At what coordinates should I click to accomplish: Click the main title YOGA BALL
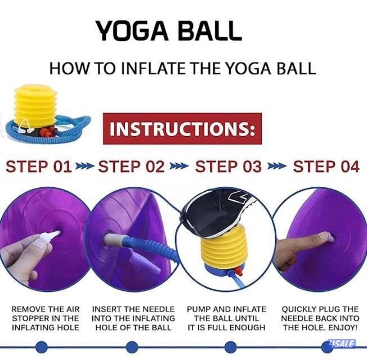(168, 31)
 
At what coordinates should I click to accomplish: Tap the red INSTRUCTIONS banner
(182, 128)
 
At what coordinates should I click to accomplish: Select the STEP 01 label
(39, 166)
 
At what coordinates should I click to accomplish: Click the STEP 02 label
(131, 166)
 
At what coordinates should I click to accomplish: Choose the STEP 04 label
(326, 166)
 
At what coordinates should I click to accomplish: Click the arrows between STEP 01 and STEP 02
(85, 167)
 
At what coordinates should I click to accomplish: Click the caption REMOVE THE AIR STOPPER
(46, 318)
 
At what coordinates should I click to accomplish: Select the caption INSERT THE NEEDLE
(133, 318)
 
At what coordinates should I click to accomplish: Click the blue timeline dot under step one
(41, 346)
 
